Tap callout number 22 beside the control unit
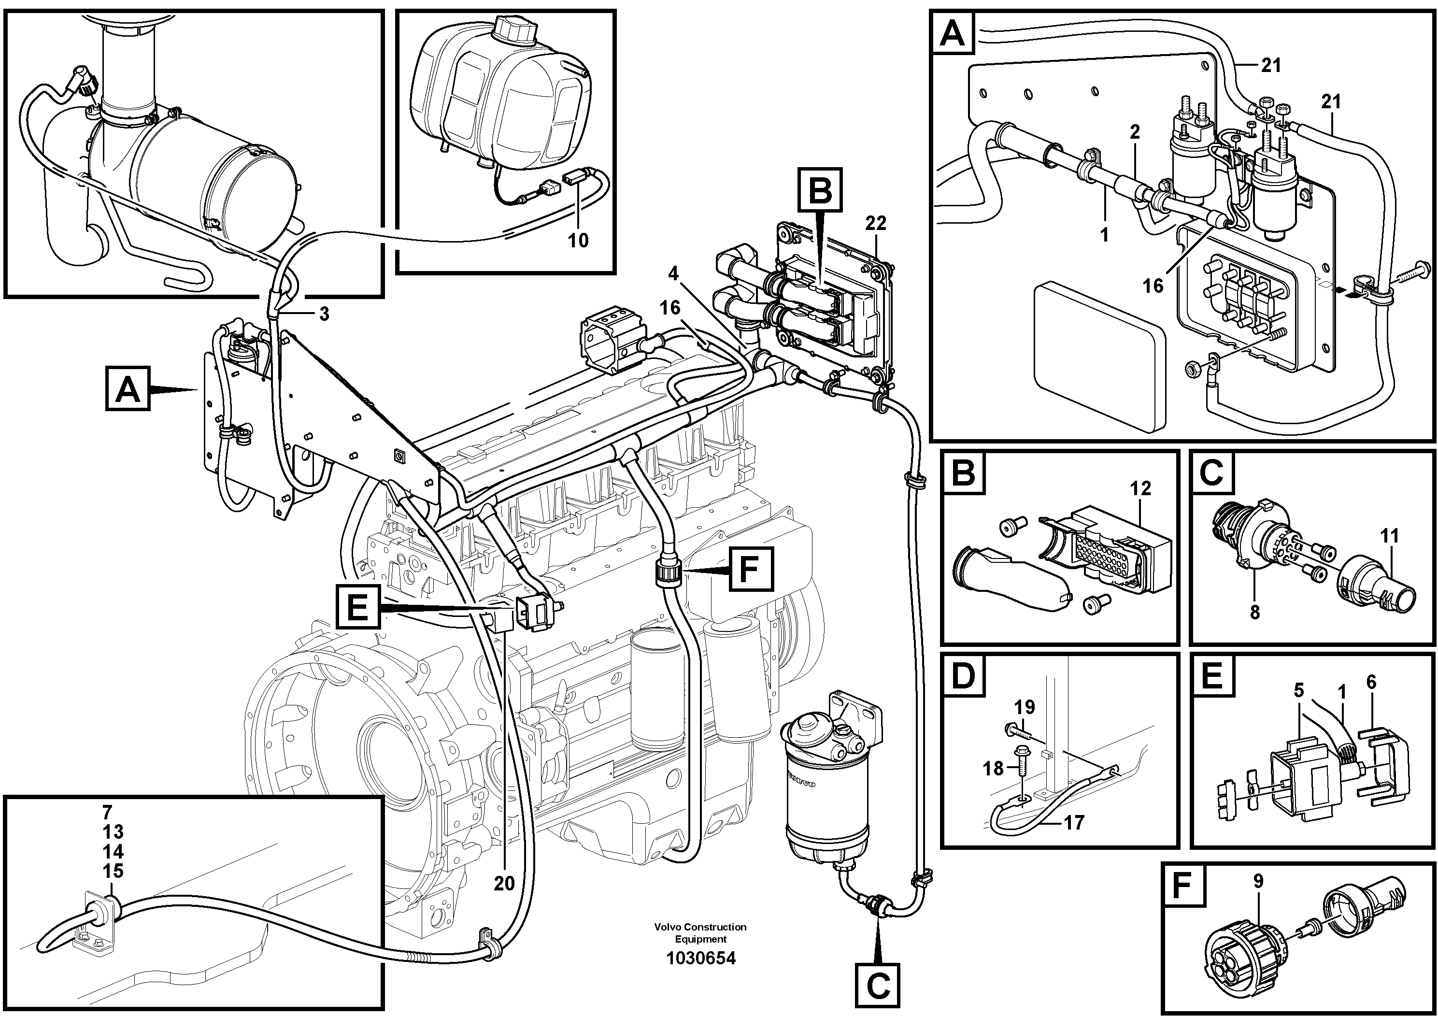tap(876, 223)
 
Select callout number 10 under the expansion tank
tap(578, 241)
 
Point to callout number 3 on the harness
tap(324, 314)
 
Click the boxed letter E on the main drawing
tap(357, 606)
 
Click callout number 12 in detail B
tap(1140, 488)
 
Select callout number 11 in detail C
tap(1389, 536)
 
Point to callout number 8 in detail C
tap(1254, 612)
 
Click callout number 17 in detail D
tap(1073, 822)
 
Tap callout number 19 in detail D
tap(1025, 707)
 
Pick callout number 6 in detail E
tap(1371, 682)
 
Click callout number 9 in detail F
tap(1258, 881)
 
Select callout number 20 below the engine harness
tap(503, 883)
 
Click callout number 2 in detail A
tap(1135, 132)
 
